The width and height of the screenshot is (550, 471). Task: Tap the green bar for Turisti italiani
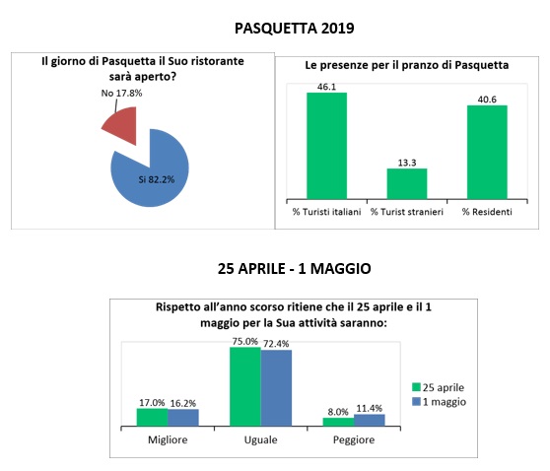coord(326,146)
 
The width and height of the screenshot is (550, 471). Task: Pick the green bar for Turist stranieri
coord(407,184)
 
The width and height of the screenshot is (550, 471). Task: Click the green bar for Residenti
coord(487,152)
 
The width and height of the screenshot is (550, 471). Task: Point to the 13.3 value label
coord(407,163)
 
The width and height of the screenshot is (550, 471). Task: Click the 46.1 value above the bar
coord(326,87)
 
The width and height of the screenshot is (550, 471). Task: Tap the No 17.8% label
coord(121,93)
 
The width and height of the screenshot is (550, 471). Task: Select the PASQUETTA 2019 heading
coord(295,28)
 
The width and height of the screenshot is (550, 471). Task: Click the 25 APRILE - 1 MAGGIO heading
coord(295,269)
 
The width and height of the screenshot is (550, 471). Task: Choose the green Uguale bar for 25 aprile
coord(245,387)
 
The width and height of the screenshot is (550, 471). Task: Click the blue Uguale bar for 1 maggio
coord(276,388)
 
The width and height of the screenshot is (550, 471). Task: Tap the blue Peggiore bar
coord(370,420)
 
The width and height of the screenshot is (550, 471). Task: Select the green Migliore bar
coord(152,418)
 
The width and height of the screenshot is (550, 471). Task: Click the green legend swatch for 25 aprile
coord(416,387)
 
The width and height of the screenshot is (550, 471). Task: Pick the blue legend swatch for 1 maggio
coord(416,402)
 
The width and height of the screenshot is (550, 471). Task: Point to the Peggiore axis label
coord(354,440)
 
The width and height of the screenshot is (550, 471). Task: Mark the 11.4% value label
coord(370,409)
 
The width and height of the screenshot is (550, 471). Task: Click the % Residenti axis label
coord(487,212)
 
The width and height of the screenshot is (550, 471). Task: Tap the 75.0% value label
coord(244,342)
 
